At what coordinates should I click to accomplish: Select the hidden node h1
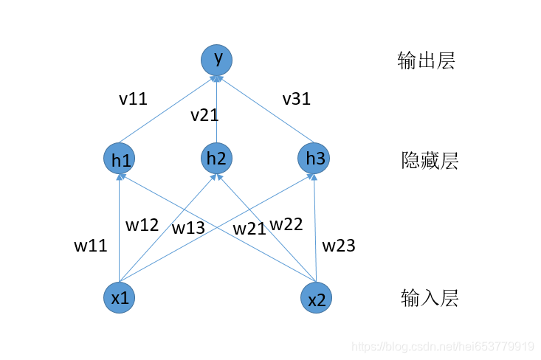pos(120,159)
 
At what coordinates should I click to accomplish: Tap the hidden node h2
pos(216,158)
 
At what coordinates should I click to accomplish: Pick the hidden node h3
pos(314,158)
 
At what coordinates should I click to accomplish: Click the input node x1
pos(120,297)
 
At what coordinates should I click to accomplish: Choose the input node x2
pos(316,298)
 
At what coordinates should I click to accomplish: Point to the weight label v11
pos(133,99)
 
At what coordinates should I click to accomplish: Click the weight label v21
pos(204,115)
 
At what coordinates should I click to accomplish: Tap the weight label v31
pos(296,99)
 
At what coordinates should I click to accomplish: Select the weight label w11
pos(90,246)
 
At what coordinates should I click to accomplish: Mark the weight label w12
pos(142,225)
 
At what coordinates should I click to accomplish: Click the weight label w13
pos(188,228)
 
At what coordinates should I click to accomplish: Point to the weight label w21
pos(249,229)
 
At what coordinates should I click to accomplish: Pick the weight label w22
pos(286,224)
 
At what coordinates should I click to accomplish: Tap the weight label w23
pos(339,245)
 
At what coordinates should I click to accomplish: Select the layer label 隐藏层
pos(430,160)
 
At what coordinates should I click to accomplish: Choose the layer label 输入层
pos(430,298)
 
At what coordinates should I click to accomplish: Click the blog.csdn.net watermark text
pos(442,346)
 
